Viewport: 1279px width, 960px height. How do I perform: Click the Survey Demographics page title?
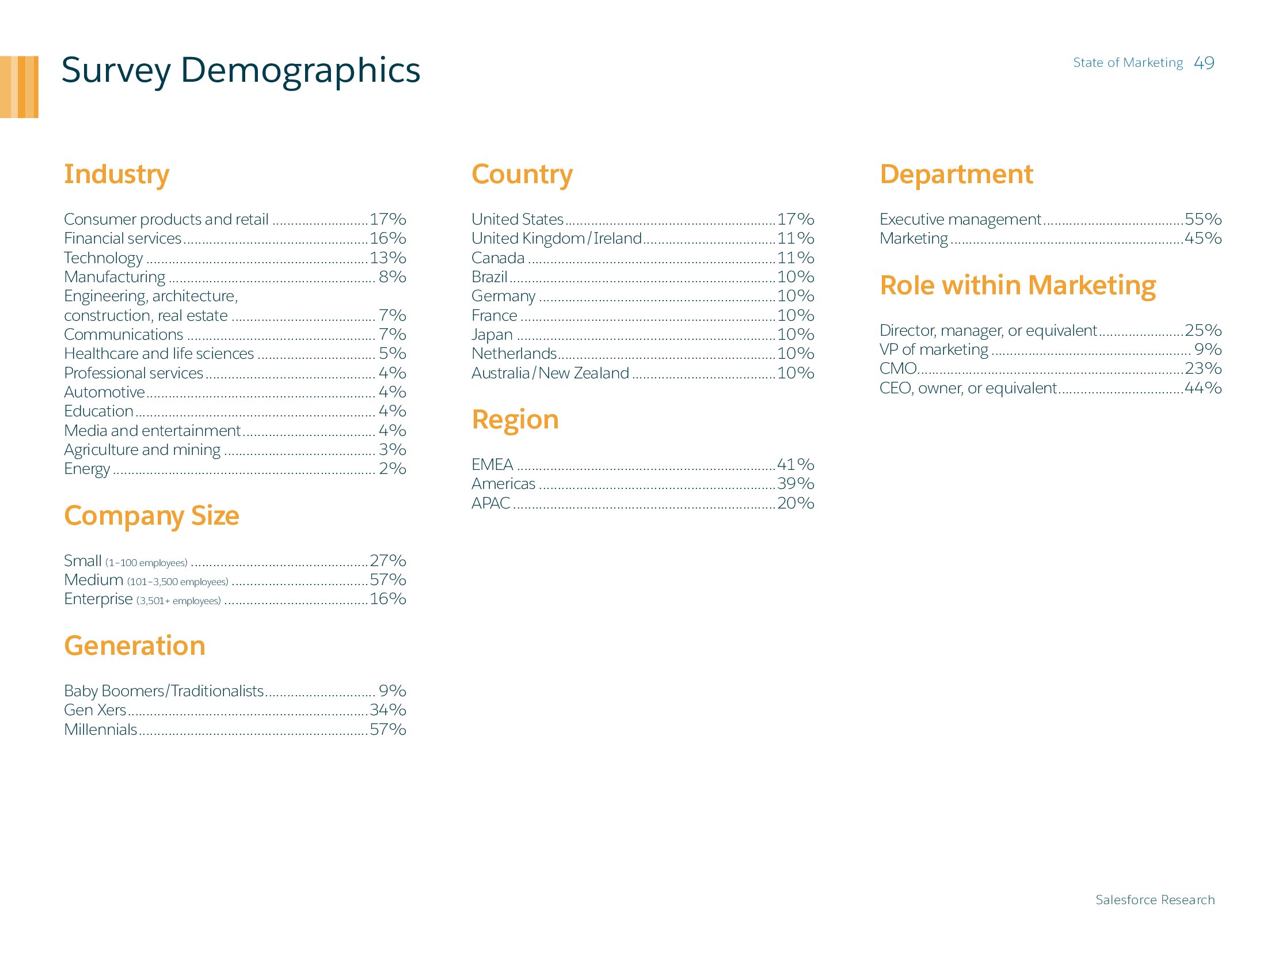point(241,71)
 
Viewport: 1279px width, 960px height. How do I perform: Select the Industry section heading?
point(116,174)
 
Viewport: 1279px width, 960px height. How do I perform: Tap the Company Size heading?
point(151,515)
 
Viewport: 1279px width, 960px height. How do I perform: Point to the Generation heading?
point(134,646)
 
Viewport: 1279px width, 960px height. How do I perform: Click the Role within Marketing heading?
point(1017,285)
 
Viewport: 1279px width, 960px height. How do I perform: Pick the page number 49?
point(1204,63)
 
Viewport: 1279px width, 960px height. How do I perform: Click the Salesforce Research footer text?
point(1155,900)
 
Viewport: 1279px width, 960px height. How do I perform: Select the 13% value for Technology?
point(387,257)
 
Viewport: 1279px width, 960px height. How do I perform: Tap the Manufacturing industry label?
point(115,277)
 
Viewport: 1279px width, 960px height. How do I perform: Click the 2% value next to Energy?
point(392,468)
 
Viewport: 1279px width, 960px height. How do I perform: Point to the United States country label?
point(517,219)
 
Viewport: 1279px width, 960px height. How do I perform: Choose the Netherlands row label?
point(513,354)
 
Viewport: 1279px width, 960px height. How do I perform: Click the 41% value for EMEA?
point(795,464)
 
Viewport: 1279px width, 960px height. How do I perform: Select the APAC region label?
point(490,503)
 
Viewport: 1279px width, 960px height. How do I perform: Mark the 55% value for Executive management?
point(1202,219)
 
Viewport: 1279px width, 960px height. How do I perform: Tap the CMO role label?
point(897,369)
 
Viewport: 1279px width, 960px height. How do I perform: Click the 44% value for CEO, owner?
point(1202,388)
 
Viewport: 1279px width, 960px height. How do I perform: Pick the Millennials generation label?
point(100,730)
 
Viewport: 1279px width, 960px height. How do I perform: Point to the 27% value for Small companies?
point(387,561)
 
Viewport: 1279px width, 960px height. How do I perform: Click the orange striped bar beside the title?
point(19,87)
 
